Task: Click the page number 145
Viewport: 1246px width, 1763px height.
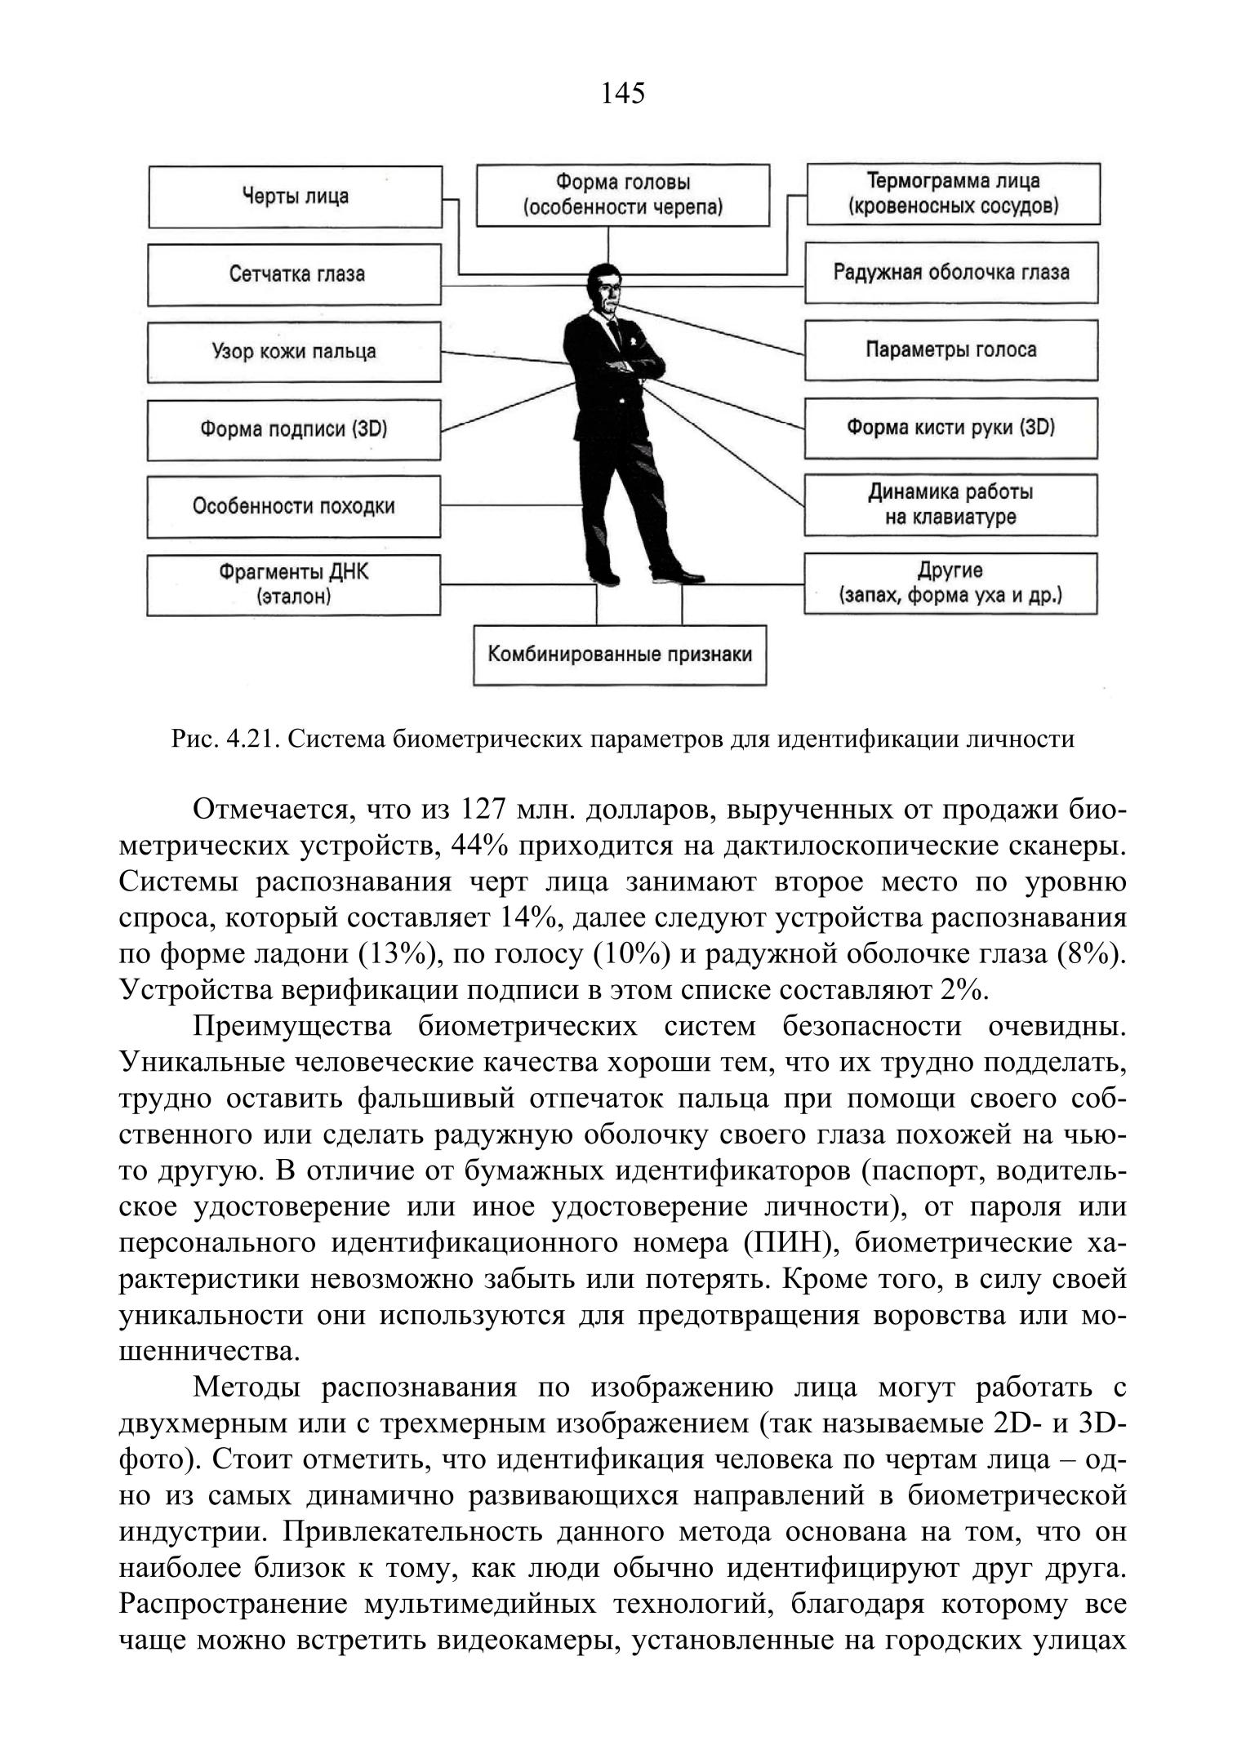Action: tap(622, 94)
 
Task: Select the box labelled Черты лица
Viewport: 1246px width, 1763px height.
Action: tap(295, 197)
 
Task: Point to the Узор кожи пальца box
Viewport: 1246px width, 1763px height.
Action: tap(294, 352)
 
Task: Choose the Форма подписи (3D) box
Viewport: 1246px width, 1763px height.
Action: tap(294, 429)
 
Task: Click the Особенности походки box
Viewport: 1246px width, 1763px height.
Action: tap(294, 507)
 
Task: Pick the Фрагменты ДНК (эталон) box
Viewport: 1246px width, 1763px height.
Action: tap(294, 584)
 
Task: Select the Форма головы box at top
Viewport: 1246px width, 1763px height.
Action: tap(622, 195)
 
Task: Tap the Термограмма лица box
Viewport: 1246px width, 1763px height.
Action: tap(953, 193)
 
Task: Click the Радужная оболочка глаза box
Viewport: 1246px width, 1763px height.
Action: tap(951, 273)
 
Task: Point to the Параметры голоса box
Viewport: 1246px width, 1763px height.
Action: tap(951, 350)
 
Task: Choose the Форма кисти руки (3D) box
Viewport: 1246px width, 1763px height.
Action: tap(951, 428)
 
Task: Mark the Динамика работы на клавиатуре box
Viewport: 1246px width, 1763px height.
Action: tap(951, 505)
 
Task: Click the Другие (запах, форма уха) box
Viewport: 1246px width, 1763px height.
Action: tap(951, 584)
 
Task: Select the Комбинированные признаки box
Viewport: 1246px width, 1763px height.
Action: tap(620, 655)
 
